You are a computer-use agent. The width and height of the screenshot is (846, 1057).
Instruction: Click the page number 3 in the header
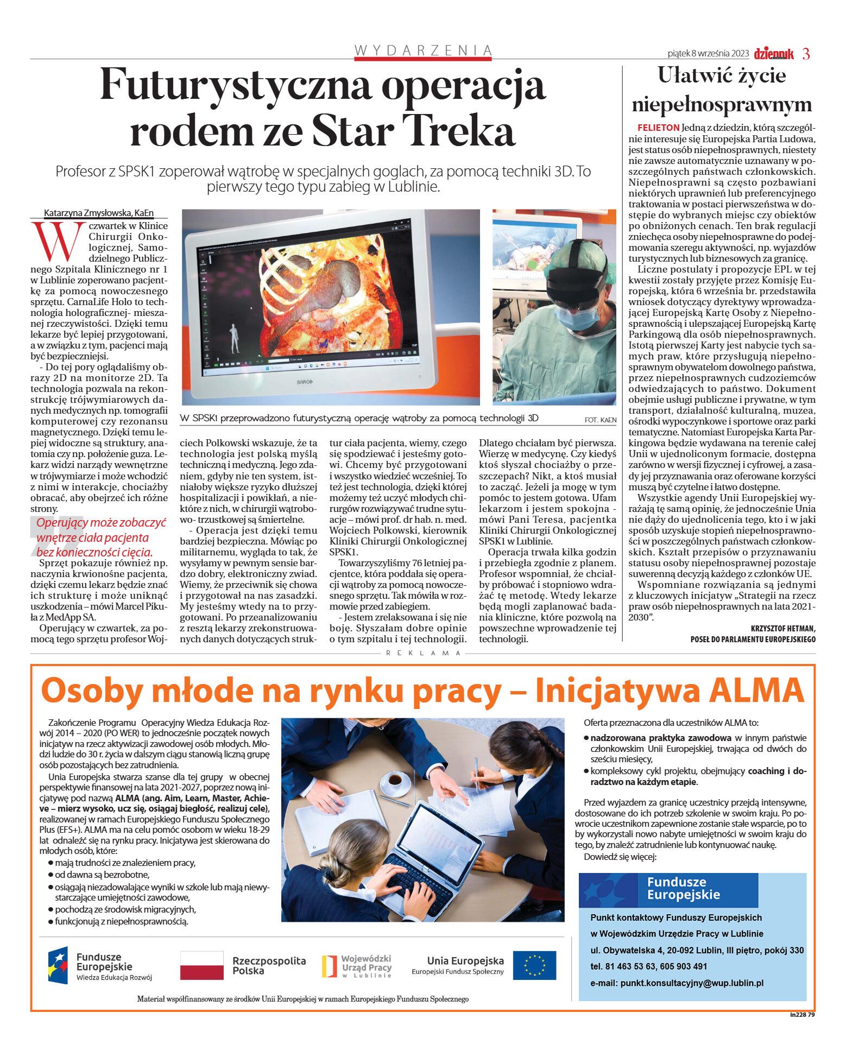pos(806,54)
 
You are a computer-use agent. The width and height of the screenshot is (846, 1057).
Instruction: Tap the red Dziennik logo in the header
pos(773,54)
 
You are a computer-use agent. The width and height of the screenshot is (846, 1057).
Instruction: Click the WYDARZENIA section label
pos(423,50)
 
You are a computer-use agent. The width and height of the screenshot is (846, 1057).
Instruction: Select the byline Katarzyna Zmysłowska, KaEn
pos(99,213)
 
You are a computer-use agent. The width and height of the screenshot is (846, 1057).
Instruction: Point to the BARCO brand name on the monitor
pos(304,382)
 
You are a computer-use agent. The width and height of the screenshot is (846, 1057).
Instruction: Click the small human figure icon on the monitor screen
pos(234,338)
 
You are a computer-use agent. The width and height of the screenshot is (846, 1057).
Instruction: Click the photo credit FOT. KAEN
pos(600,420)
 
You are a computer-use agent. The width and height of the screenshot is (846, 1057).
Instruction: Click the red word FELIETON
pos(658,128)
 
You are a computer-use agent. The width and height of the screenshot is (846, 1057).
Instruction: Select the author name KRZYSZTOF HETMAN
pos(782,628)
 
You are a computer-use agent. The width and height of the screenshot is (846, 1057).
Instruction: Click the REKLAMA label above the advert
pos(423,653)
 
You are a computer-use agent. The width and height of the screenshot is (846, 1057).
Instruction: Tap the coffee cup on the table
pos(395,782)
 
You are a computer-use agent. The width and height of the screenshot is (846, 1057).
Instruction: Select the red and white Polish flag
pos(201,965)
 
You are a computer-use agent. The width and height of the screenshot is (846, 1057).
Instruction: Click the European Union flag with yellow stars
pos(534,965)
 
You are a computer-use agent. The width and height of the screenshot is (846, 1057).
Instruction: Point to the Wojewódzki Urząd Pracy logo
pos(357,966)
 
